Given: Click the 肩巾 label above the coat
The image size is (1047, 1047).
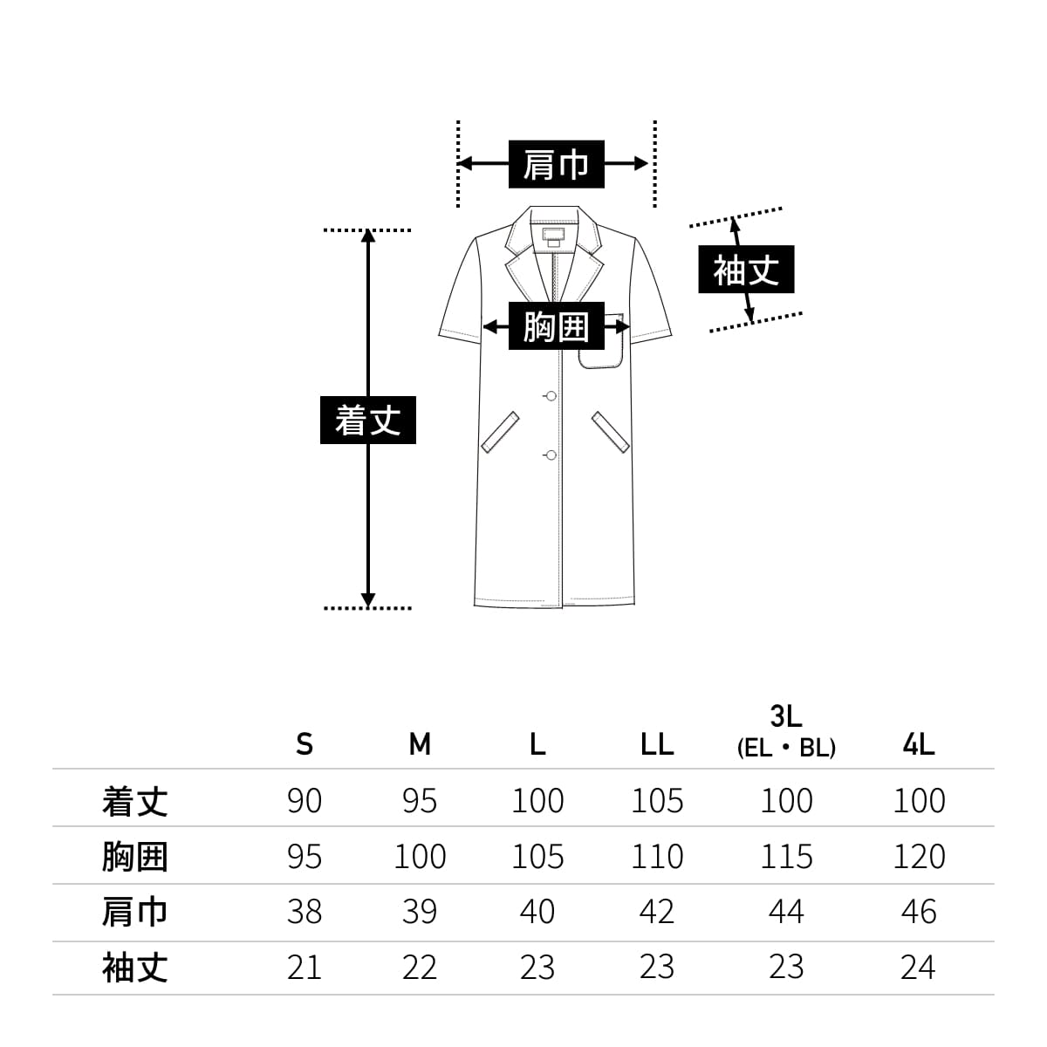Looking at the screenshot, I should pos(556,164).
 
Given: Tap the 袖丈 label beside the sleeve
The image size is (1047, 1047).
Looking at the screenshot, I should pos(746,270).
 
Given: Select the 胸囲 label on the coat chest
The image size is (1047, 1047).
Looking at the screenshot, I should pos(556,327).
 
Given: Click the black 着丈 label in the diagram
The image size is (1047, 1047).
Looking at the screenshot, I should pos(368,421).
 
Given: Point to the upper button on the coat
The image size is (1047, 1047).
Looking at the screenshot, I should pos(550,397).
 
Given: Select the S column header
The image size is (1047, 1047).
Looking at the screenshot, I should pos(304,744).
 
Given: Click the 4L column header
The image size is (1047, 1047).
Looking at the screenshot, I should pos(919,744).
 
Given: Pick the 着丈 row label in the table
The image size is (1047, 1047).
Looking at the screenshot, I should pos(134,800).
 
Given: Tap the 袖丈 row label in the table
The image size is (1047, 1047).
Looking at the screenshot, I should pos(134,968).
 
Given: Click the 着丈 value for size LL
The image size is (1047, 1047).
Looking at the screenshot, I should pos(656,800).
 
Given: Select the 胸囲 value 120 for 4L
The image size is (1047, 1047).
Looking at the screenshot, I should pos(919,857).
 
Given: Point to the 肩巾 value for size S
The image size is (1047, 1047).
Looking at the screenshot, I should pos(304,912).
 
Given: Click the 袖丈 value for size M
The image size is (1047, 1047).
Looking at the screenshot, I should pos(420,968).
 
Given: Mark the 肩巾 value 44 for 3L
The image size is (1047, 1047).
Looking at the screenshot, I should pos(786,912).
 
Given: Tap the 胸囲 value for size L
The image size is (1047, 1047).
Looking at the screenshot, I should pos(537,857).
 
